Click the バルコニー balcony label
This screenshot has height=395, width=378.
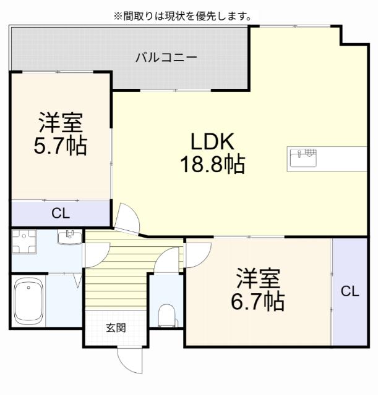(x=166, y=57)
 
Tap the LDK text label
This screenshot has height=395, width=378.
(x=212, y=142)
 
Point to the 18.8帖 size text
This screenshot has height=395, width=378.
(x=212, y=164)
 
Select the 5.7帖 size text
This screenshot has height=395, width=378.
(x=61, y=146)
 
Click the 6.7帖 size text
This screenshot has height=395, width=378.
(x=258, y=301)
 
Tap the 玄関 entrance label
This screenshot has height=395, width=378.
(x=116, y=328)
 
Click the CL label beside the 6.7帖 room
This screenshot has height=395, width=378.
(x=350, y=291)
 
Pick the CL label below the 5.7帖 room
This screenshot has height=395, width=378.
(x=61, y=214)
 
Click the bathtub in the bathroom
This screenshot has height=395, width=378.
(x=28, y=301)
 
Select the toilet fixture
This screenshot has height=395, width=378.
(x=166, y=315)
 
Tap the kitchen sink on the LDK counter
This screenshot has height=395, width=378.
(x=303, y=158)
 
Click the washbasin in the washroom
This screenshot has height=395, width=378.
(x=69, y=237)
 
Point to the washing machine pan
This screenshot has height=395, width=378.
(x=24, y=241)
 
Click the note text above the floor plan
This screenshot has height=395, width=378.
(x=183, y=17)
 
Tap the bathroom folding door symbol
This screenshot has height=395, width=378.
(x=77, y=280)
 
